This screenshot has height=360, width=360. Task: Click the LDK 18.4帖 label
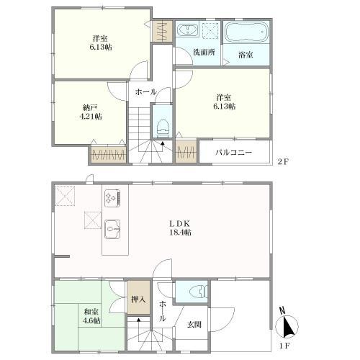181,228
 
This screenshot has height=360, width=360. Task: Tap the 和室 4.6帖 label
91,316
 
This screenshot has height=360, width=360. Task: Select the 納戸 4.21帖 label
91,112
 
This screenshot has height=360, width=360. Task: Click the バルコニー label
233,153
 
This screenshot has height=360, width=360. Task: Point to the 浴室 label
246,55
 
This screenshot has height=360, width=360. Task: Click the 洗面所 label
204,52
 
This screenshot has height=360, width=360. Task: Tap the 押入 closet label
138,300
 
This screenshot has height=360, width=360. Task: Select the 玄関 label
194,325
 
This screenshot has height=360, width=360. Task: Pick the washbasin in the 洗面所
187,30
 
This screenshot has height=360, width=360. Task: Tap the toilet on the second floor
163,128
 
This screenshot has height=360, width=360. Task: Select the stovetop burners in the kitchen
112,198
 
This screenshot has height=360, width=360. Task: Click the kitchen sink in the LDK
112,229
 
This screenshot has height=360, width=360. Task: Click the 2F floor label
282,161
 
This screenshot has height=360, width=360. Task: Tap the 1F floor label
284,346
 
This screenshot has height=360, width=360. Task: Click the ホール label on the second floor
145,91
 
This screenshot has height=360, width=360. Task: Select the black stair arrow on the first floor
138,320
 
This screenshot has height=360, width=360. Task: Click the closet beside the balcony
186,151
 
